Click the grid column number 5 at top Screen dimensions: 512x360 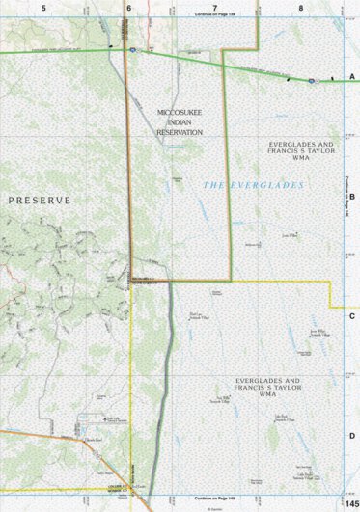43,7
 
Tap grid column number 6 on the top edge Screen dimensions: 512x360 128,7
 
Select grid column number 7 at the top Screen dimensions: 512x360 215,7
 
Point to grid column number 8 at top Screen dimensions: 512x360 301,7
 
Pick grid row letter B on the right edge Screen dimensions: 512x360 352,196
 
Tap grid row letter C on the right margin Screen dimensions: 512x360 352,316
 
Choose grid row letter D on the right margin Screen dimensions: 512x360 352,436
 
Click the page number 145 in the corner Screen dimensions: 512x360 350,494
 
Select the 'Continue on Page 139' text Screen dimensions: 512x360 214,15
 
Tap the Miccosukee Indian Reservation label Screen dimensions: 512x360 180,122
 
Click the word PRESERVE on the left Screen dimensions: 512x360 40,200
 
